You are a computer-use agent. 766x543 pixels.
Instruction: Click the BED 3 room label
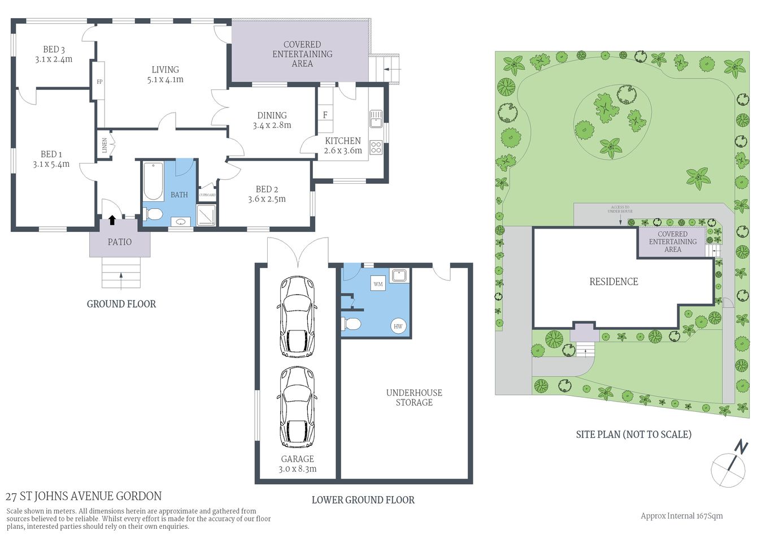click(x=54, y=50)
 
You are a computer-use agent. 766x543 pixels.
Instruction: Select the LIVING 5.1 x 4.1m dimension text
click(x=165, y=80)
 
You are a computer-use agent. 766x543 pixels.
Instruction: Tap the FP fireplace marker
click(x=99, y=82)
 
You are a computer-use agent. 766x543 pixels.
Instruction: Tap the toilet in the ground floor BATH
click(x=153, y=214)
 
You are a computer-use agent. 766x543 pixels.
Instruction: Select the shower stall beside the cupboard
click(x=206, y=215)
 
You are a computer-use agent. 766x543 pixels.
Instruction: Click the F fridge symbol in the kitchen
click(x=325, y=115)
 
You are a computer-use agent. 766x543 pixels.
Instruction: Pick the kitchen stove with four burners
click(x=376, y=148)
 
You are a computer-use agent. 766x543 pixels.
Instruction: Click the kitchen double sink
click(x=376, y=119)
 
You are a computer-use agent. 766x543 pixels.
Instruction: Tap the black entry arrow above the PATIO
click(x=112, y=220)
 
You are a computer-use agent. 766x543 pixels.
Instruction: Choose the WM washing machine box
click(x=378, y=284)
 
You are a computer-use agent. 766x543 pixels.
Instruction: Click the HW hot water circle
click(x=398, y=326)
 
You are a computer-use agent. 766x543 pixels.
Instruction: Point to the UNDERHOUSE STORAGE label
click(x=414, y=398)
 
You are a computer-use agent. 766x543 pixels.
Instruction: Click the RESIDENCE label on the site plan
click(x=613, y=282)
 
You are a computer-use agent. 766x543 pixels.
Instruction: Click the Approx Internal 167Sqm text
click(x=681, y=516)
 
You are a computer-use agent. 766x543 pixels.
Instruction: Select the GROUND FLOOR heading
click(x=121, y=304)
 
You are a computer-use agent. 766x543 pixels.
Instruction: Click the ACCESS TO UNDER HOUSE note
click(x=620, y=209)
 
